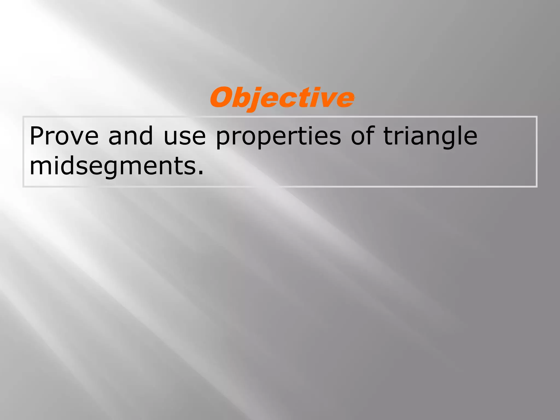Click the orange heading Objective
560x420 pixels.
coord(282,98)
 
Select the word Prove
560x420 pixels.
coord(64,136)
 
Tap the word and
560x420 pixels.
coord(130,136)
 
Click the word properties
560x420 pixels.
coord(278,136)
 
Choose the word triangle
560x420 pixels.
coord(430,136)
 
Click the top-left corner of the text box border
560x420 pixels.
coord(23,117)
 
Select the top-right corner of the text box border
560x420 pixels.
coord(537,117)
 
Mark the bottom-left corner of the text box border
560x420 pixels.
coord(23,187)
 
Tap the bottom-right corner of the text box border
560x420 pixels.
coord(537,187)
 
